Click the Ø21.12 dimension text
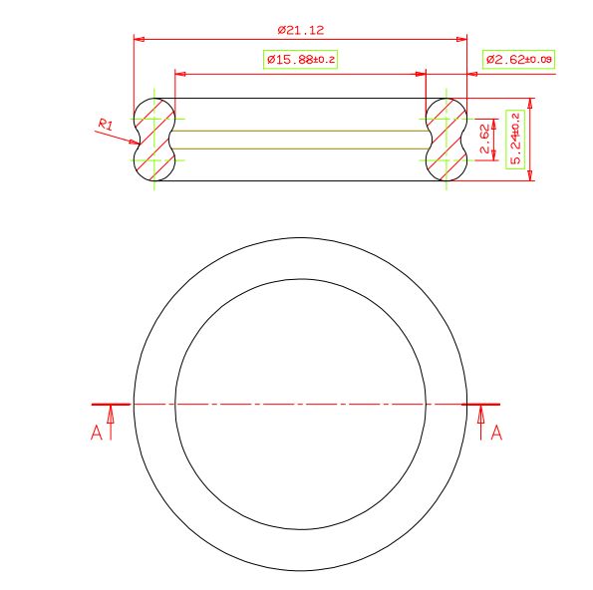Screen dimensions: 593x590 [x=301, y=30]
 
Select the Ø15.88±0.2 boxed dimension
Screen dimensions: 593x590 [x=300, y=60]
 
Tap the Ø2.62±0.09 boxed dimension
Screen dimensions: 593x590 [x=518, y=60]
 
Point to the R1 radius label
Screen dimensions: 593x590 [x=106, y=124]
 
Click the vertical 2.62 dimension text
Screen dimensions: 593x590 [x=484, y=139]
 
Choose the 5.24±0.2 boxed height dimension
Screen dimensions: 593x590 [x=515, y=139]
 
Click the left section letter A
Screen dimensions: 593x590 [x=97, y=433]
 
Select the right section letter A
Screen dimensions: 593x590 [x=496, y=433]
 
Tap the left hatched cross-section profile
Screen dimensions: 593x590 [x=154, y=140]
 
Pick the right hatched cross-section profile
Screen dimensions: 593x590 [x=446, y=140]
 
